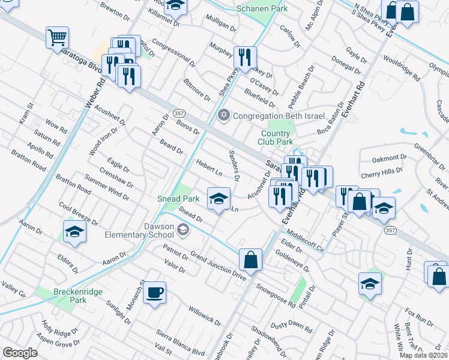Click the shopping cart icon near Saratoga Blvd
point(57,37)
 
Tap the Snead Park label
point(178,198)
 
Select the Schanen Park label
point(262,8)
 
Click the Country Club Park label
point(277,138)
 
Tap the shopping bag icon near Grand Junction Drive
point(251,260)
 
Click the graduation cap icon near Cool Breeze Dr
point(75,232)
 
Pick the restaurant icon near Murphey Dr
point(244,58)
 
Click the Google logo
point(20,353)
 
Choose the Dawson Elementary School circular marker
point(182,229)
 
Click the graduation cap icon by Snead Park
point(218,198)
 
